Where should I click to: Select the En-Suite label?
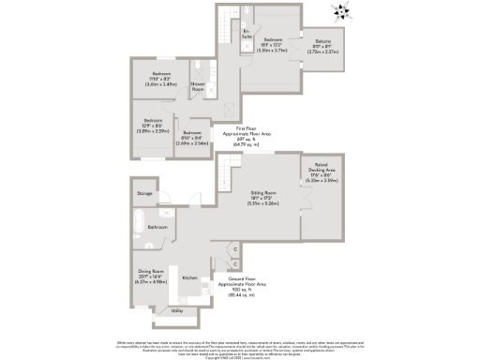tap(246, 34)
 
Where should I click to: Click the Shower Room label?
tap(198, 88)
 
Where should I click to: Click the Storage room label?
tap(144, 193)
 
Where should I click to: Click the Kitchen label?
tap(188, 278)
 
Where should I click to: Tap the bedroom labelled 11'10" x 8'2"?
tap(153, 77)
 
